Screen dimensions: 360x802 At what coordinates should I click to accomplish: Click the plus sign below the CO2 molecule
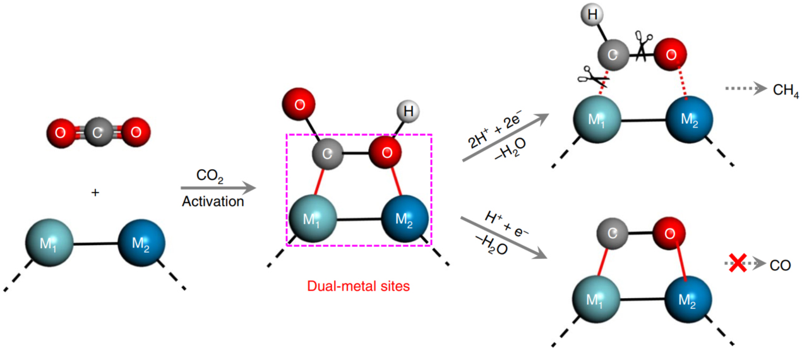(x=95, y=192)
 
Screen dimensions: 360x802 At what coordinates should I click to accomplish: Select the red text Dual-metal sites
(x=358, y=286)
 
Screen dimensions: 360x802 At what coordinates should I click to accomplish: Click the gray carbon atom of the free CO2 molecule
(x=97, y=133)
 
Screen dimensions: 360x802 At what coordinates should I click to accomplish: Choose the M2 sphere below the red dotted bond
(x=690, y=120)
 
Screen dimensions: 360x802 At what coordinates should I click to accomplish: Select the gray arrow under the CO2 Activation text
(x=218, y=188)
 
